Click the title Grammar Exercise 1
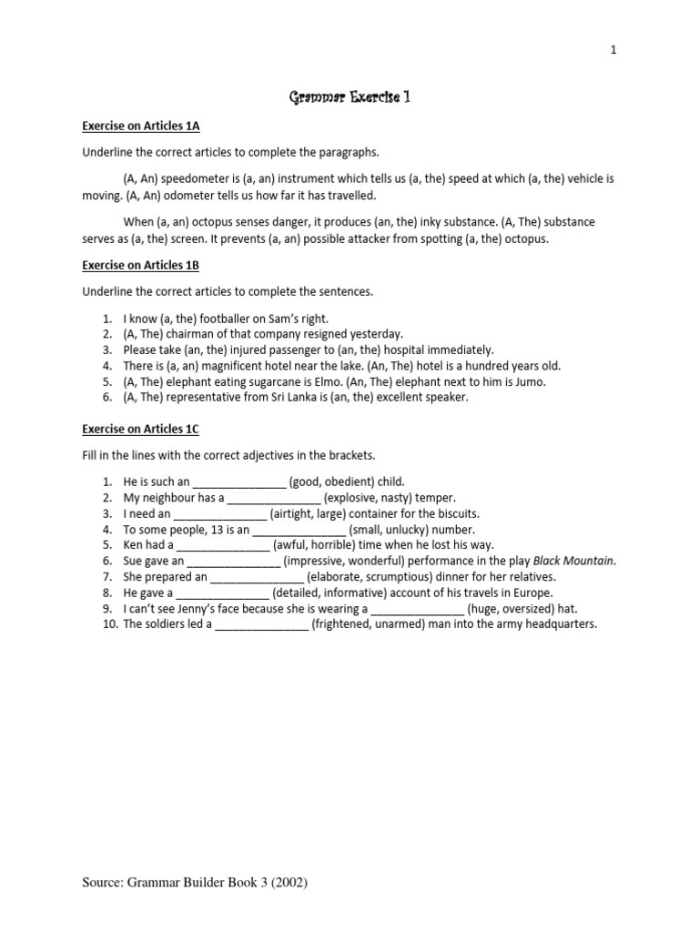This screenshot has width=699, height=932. (x=349, y=96)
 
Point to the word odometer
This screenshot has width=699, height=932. (x=178, y=196)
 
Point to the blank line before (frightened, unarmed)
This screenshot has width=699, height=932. (x=262, y=624)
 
